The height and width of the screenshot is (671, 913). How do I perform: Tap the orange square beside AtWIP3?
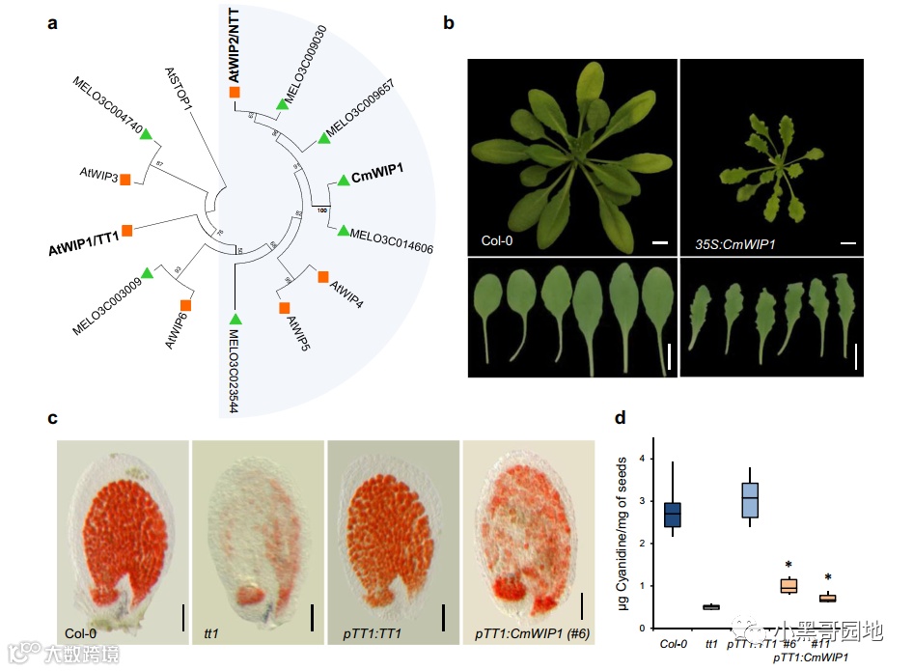(x=125, y=182)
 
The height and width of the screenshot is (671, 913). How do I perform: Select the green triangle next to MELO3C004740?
(x=147, y=135)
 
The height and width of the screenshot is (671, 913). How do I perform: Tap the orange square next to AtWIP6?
(x=185, y=305)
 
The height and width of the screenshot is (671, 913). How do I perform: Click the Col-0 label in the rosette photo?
(x=499, y=238)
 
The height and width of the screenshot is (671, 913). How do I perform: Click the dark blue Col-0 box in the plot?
(x=673, y=514)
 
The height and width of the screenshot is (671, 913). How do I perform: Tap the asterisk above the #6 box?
(x=788, y=565)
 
